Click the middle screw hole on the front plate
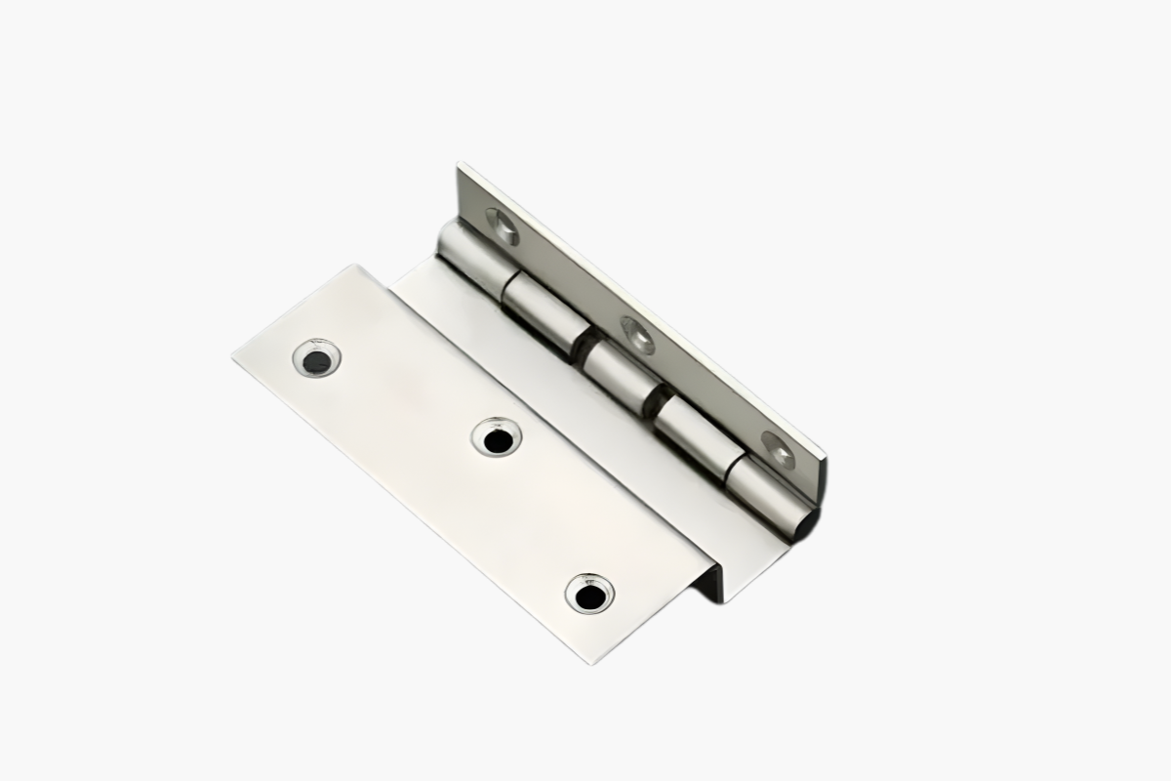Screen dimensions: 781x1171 point(497,437)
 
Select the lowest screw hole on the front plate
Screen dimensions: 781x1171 point(588,594)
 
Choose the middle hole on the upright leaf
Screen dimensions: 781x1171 point(638,334)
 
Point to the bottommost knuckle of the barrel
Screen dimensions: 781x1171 point(771,496)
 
